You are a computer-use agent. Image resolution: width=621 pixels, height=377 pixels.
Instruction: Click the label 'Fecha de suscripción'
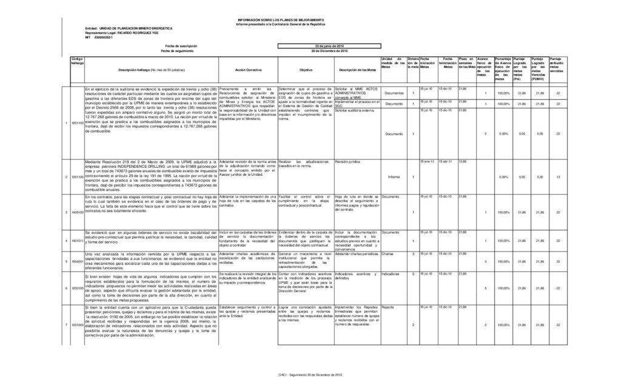[176, 46]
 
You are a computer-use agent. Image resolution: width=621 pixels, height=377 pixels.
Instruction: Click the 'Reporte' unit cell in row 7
[388, 307]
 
